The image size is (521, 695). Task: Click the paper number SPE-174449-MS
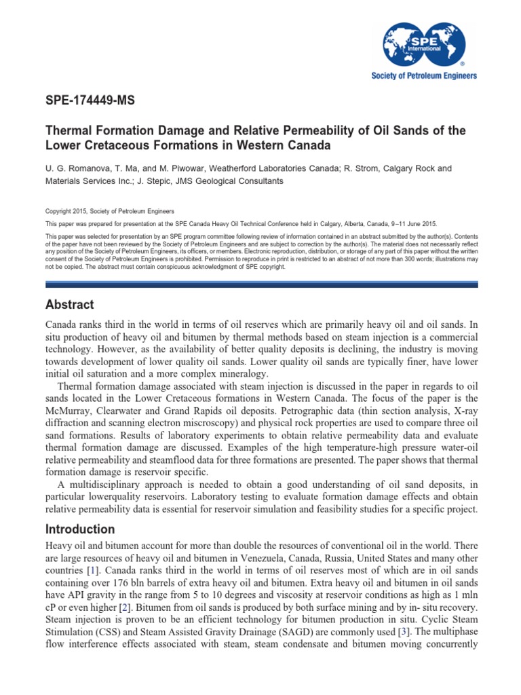[90, 101]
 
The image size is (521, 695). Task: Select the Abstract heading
[69, 305]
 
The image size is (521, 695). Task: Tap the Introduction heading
[79, 529]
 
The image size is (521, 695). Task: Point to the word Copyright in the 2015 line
[58, 211]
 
